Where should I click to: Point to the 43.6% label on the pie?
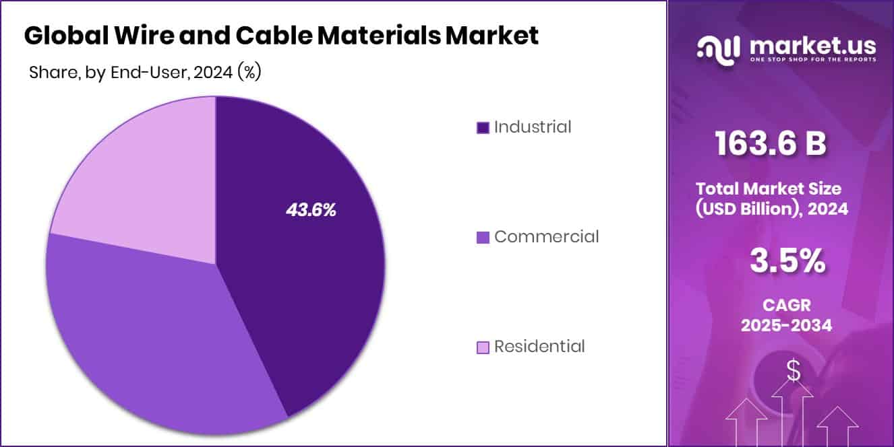click(x=311, y=210)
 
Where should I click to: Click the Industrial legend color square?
click(x=483, y=127)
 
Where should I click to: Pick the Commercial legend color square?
click(x=483, y=237)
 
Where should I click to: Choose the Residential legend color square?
click(x=483, y=347)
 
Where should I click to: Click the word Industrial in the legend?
click(x=533, y=127)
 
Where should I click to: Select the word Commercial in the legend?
click(x=546, y=236)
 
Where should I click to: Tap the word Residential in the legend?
click(x=539, y=347)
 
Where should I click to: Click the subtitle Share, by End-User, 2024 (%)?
click(x=145, y=73)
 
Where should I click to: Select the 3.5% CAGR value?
click(x=787, y=261)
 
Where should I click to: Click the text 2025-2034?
click(x=786, y=326)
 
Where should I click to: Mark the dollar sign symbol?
click(x=794, y=371)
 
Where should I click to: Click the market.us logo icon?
click(x=718, y=48)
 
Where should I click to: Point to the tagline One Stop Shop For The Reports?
click(x=813, y=60)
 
